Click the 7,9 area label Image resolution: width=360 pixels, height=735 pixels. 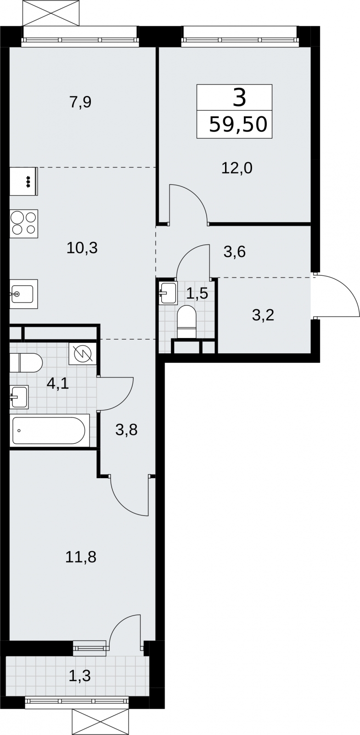(80, 102)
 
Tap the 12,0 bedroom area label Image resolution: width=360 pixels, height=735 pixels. (237, 168)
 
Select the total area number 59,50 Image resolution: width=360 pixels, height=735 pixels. (238, 124)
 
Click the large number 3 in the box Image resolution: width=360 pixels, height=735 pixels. (239, 97)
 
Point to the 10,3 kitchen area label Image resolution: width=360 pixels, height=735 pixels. (82, 248)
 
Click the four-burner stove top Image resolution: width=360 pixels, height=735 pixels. (23, 224)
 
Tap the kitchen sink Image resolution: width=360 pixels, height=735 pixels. (23, 294)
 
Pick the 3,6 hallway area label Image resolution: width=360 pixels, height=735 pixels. (235, 252)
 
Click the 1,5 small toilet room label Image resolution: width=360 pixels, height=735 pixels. (197, 293)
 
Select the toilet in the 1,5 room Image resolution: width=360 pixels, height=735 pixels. (186, 322)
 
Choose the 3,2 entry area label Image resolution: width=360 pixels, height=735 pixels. (263, 315)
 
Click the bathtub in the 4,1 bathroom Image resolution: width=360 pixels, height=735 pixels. (49, 430)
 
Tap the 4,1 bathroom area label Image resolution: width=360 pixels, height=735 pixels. (58, 383)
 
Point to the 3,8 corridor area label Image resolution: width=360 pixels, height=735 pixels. (126, 430)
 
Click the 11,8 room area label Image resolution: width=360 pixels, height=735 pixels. (81, 557)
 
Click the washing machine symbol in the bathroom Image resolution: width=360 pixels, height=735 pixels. (83, 354)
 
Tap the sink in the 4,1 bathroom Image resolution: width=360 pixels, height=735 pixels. (19, 397)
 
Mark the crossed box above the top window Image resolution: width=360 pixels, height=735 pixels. (51, 13)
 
